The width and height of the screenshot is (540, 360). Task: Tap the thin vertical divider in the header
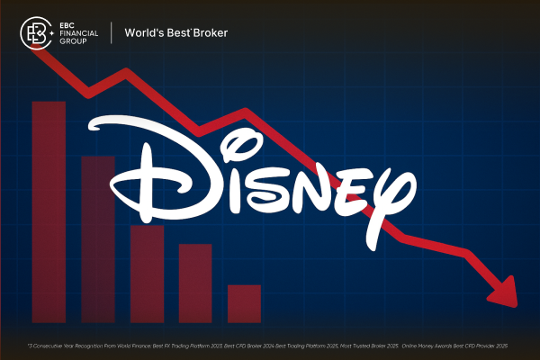(112, 34)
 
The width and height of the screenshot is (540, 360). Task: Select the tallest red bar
(49, 211)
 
